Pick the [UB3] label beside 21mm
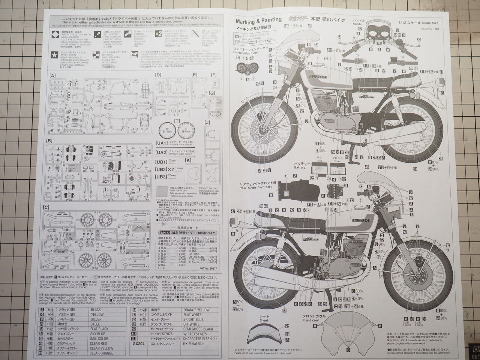[x=161, y=177]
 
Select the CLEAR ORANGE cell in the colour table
[x=102, y=353]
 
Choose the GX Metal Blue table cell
[x=194, y=343]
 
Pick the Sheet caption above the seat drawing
[x=264, y=320]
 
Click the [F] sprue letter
[x=213, y=75]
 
